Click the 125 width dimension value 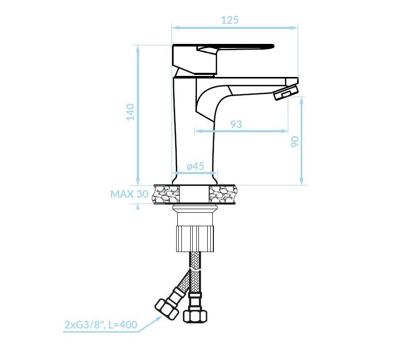(x=230, y=20)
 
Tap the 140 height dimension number (x=131, y=112)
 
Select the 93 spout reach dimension (x=236, y=124)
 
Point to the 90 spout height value (x=295, y=142)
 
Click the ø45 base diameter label (x=196, y=166)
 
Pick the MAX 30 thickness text (x=129, y=194)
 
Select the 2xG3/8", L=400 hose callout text (x=101, y=325)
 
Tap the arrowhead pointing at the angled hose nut (x=159, y=319)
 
